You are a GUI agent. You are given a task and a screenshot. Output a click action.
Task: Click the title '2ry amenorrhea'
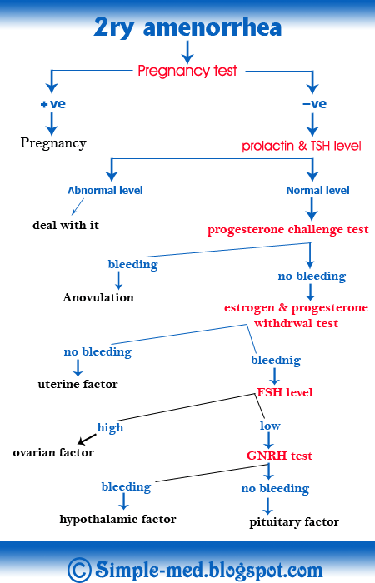(x=187, y=27)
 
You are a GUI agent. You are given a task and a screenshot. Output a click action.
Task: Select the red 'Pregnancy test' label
(x=187, y=71)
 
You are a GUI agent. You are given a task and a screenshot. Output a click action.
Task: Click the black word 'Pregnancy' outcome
(x=53, y=142)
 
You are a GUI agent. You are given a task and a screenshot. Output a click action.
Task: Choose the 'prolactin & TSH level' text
(x=302, y=146)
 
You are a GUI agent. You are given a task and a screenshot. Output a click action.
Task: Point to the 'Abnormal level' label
(x=105, y=190)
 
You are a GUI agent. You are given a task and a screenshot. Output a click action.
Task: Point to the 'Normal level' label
(x=317, y=190)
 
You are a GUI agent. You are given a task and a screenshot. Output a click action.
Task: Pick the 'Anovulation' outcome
(x=98, y=297)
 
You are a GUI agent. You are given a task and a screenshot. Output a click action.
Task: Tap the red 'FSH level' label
(x=284, y=392)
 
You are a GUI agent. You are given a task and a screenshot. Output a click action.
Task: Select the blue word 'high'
(x=110, y=427)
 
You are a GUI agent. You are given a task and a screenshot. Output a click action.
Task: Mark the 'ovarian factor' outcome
(x=53, y=453)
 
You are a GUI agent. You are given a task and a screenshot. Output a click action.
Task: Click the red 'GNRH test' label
(x=279, y=456)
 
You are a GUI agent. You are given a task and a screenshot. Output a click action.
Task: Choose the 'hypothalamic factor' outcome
(x=117, y=519)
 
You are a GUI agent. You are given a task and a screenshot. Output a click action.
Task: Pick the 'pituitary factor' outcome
(x=294, y=522)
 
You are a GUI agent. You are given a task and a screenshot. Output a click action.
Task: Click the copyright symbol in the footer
(x=79, y=569)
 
